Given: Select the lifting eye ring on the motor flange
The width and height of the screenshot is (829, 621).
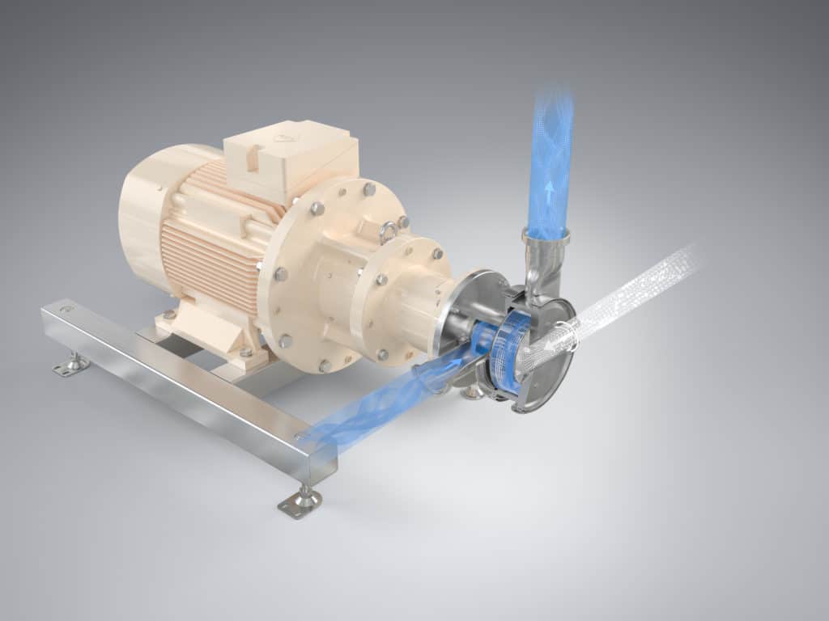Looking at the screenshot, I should click(x=388, y=232).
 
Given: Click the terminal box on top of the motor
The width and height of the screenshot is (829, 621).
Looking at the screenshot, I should click(x=291, y=158).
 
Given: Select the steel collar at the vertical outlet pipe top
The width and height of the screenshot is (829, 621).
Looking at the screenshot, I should click(x=546, y=236).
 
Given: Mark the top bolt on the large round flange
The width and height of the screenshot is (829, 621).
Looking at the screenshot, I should click(x=369, y=189).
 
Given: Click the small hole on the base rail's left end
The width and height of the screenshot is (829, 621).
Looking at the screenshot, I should click(x=66, y=309).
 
